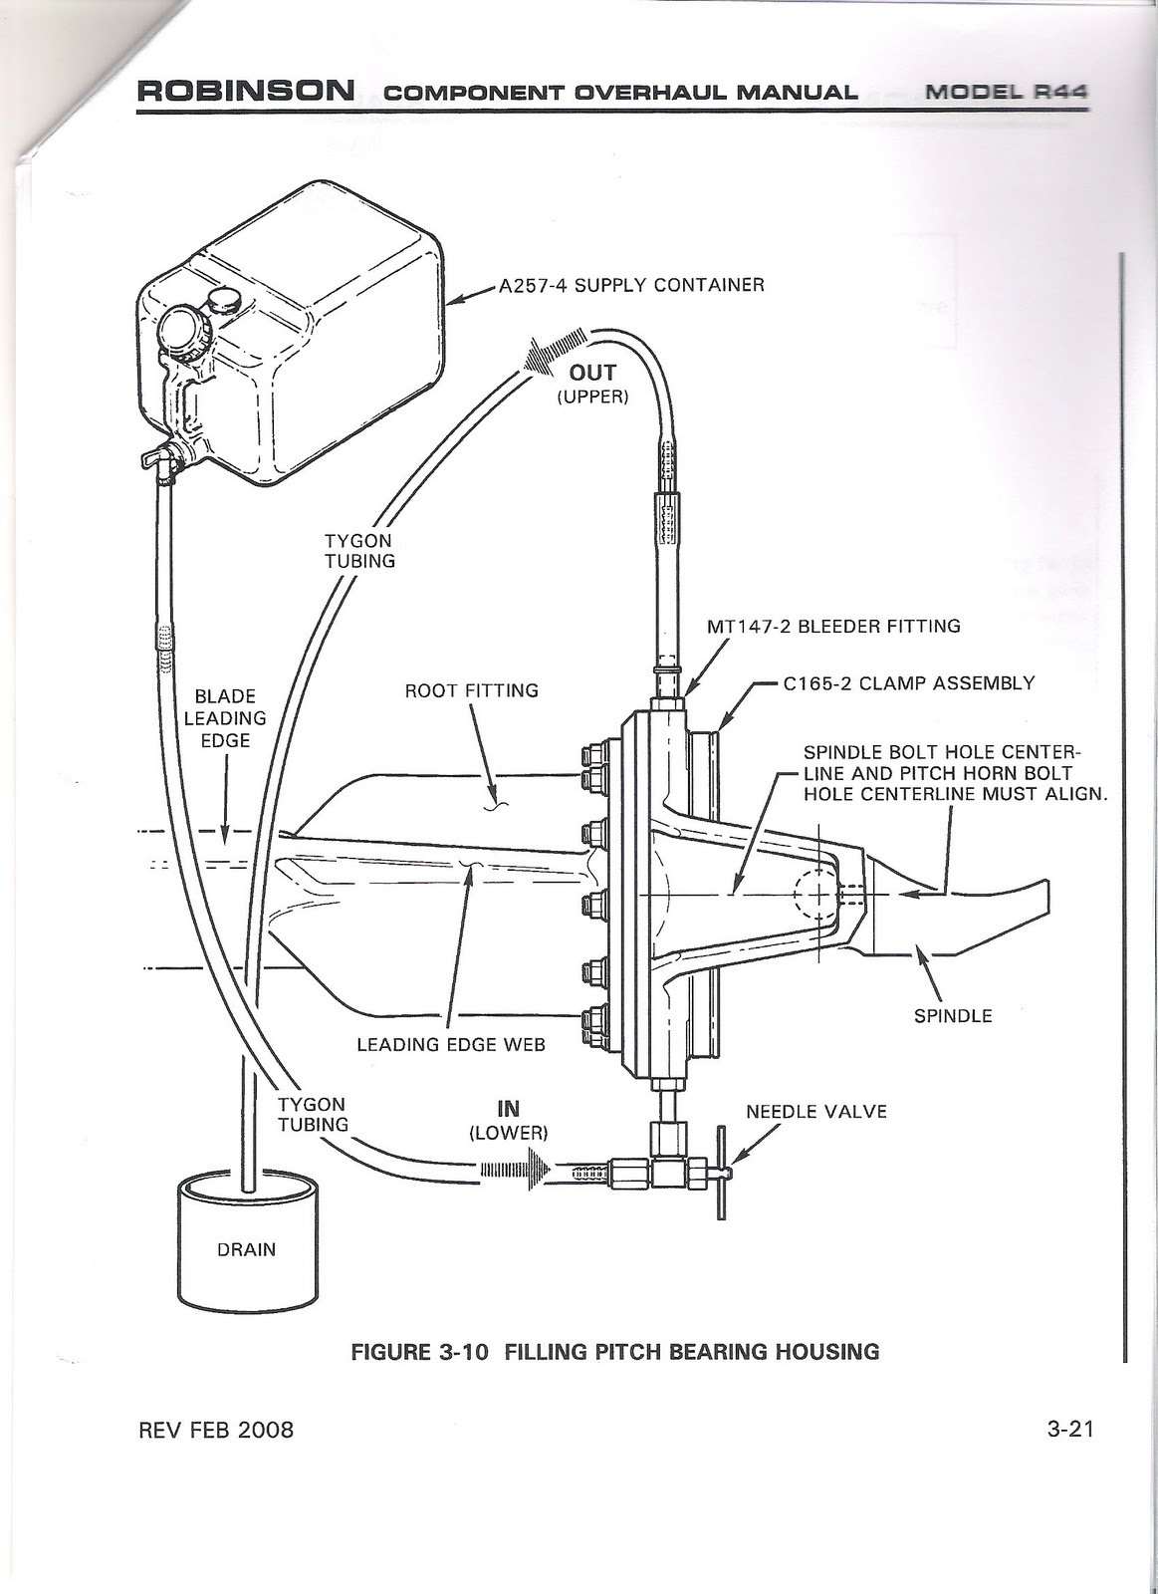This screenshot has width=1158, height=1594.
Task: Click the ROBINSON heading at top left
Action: (x=245, y=92)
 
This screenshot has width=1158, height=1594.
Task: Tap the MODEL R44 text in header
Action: (x=1005, y=92)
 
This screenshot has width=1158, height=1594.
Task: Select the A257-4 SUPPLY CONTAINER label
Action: (x=631, y=285)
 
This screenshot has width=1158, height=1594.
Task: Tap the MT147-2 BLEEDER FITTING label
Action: (x=832, y=627)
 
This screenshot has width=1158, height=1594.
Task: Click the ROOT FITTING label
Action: (x=471, y=690)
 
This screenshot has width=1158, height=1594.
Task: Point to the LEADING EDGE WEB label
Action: (x=451, y=1044)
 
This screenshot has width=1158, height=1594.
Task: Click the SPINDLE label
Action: (x=953, y=1016)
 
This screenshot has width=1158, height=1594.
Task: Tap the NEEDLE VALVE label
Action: (x=816, y=1111)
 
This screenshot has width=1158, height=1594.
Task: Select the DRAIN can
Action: (x=246, y=1245)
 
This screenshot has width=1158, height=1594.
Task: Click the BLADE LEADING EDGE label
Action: (x=225, y=717)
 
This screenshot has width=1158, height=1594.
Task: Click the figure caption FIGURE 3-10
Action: (x=615, y=1352)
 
